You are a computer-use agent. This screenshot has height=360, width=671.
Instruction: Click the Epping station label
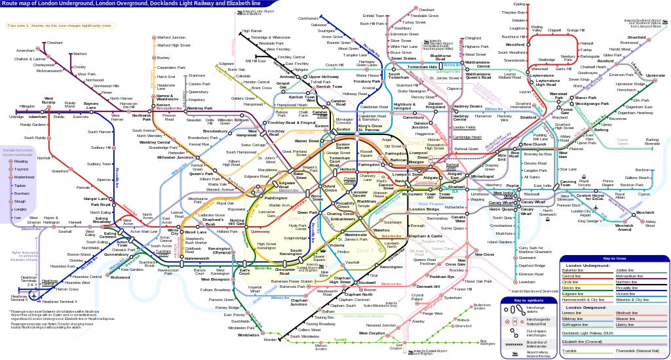[519, 4]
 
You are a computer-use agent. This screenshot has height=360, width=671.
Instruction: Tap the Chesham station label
[55, 43]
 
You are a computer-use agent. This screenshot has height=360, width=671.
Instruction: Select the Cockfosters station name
[308, 18]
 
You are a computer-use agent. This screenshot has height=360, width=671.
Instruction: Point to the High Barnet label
[252, 31]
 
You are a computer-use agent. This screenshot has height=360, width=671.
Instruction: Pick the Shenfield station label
[636, 37]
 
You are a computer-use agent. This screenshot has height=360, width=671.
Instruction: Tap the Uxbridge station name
[16, 116]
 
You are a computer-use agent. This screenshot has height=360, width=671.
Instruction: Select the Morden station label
[270, 339]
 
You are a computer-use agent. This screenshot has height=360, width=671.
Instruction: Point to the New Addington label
[488, 342]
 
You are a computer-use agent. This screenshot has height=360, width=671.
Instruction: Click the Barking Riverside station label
[652, 141]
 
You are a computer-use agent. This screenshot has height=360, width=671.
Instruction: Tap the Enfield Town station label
[373, 15]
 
